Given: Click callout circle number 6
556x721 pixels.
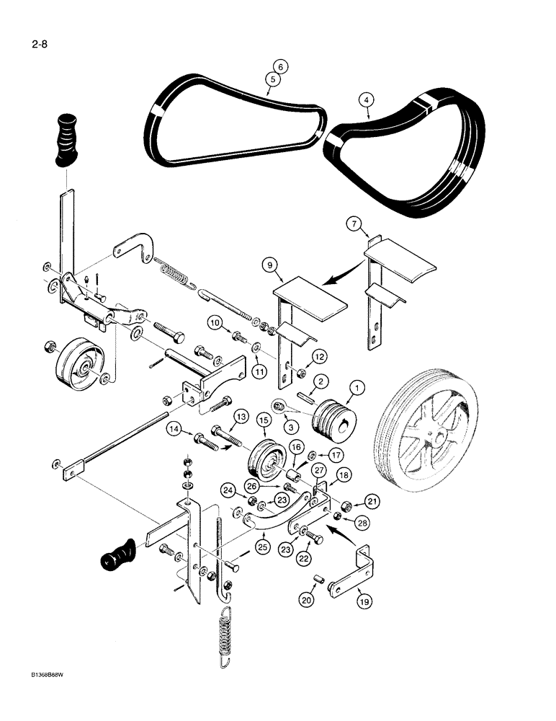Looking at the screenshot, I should [x=280, y=67].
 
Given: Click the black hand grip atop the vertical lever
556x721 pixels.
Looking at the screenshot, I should [x=62, y=139].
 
